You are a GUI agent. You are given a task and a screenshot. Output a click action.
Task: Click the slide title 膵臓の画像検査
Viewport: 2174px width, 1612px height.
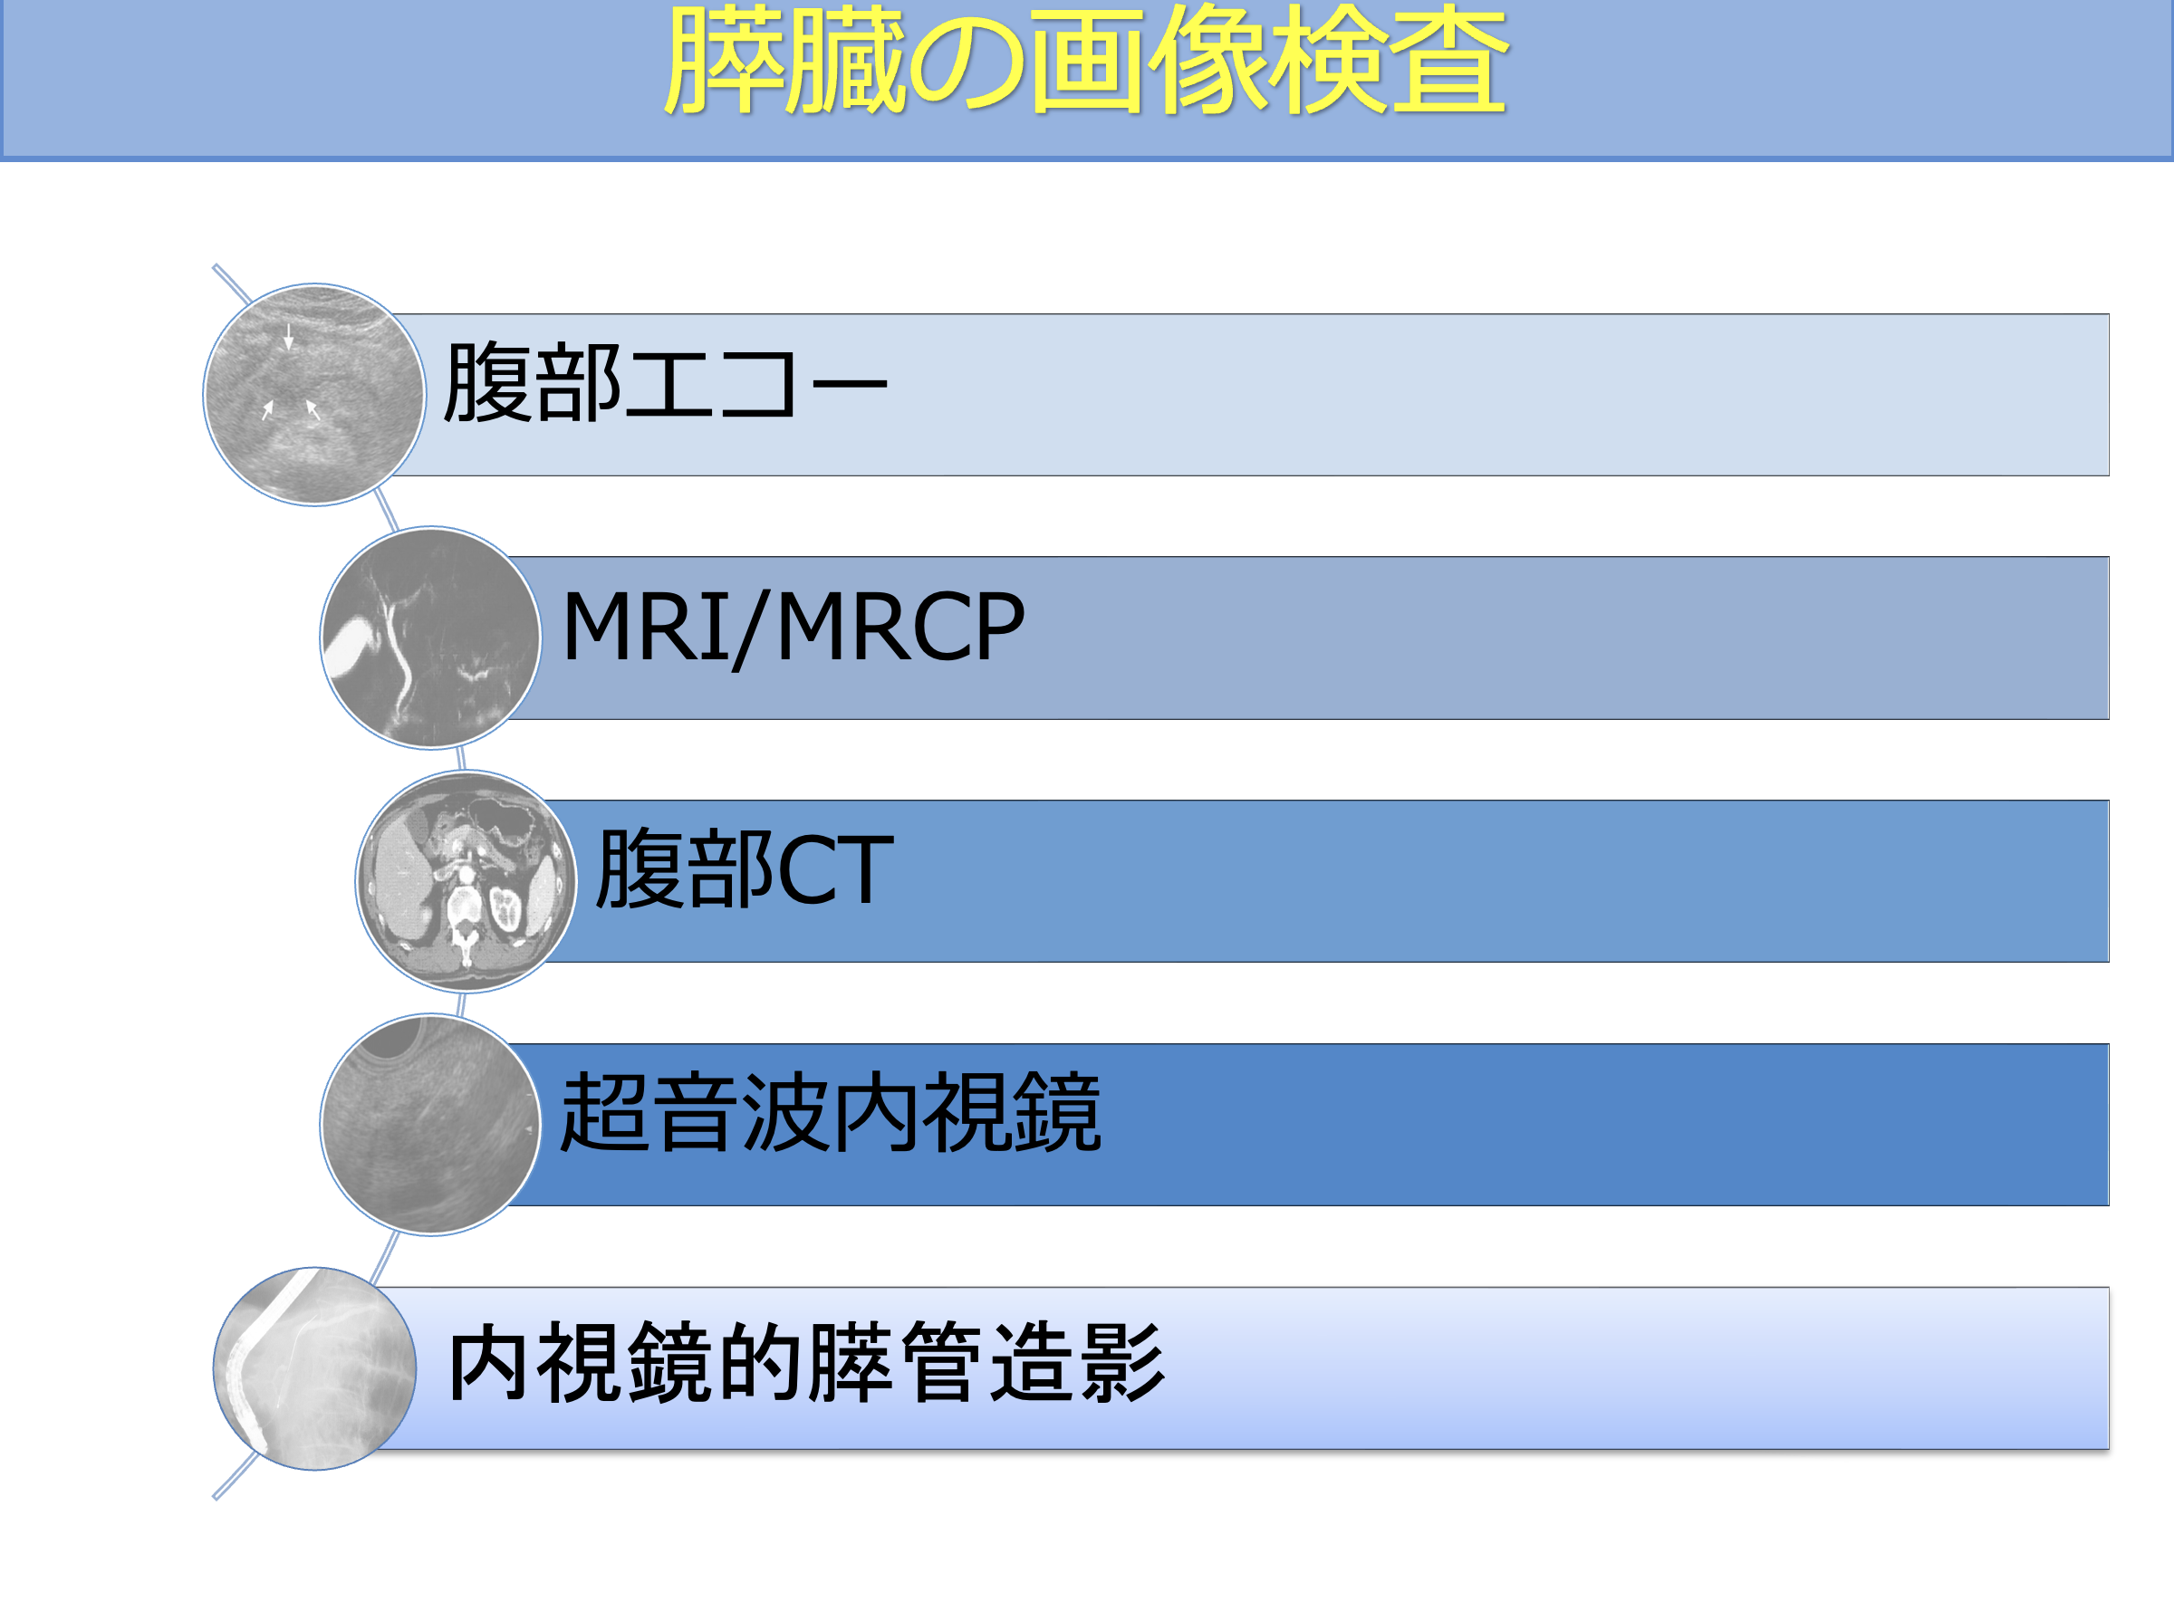click(1085, 61)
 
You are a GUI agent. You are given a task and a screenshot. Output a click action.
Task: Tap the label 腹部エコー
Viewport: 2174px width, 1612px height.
click(666, 382)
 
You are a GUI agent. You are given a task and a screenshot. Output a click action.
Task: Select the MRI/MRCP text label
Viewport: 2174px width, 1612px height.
click(793, 627)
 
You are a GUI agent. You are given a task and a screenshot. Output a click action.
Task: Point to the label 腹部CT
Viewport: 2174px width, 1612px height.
click(745, 868)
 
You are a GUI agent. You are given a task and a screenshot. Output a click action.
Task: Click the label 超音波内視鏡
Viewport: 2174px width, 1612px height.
click(830, 1111)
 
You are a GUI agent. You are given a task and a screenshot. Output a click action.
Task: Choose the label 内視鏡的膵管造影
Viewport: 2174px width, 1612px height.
click(805, 1363)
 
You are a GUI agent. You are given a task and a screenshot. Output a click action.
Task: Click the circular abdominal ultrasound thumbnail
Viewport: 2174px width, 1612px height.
click(314, 394)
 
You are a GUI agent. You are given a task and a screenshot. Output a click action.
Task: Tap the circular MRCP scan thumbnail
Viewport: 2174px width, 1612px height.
click(430, 638)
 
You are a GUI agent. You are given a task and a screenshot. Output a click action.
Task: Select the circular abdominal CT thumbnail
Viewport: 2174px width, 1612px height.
click(466, 880)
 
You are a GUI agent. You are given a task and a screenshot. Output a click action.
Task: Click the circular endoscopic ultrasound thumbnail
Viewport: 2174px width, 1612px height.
click(430, 1124)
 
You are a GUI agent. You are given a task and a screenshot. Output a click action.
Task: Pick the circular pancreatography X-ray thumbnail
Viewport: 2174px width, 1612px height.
click(314, 1368)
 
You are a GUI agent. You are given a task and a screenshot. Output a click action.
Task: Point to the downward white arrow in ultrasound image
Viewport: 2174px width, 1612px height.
click(289, 337)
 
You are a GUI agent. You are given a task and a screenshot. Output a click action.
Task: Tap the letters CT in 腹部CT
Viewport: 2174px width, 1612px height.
click(835, 868)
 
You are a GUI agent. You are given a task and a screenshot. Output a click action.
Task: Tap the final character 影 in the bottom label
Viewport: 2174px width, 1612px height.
click(1123, 1363)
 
